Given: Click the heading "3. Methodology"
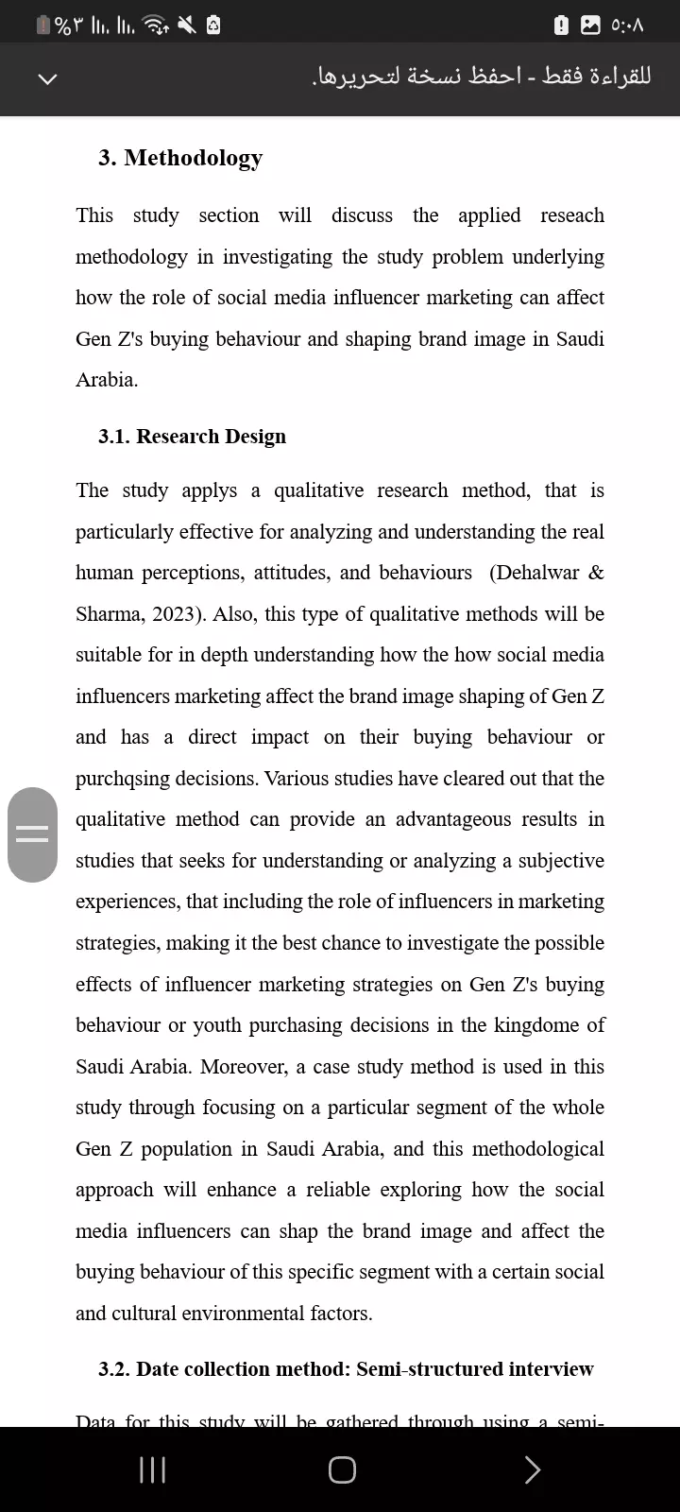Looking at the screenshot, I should point(180,158).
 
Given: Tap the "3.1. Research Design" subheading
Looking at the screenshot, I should point(192,437).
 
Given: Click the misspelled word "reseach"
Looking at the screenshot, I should point(571,215).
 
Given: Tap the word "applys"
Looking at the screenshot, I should point(210,490).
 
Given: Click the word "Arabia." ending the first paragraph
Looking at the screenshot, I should point(107,380).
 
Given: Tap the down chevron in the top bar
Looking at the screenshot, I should point(47,78).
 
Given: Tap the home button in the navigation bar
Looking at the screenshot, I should point(342,1469).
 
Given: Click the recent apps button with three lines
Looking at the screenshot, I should point(152,1469).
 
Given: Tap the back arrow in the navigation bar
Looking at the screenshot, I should point(532,1469).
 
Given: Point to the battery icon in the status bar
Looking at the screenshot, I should point(43,26).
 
